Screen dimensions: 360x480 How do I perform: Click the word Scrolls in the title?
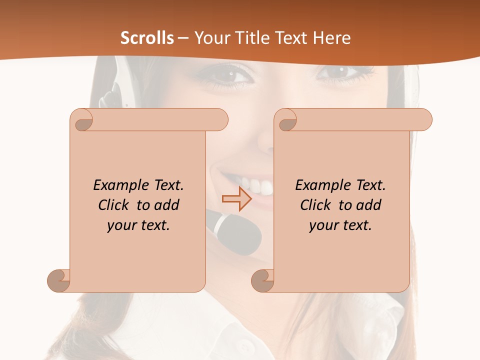[147, 38]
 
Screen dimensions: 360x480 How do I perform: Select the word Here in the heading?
[331, 38]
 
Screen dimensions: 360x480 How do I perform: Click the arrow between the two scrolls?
[236, 199]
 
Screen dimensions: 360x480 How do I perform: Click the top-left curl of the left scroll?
[81, 120]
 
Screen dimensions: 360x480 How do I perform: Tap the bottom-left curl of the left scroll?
[58, 281]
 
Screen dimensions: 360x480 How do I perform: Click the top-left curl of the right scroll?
[285, 120]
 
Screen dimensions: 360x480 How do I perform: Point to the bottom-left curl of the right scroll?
[262, 281]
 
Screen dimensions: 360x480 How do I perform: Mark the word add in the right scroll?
[369, 205]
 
